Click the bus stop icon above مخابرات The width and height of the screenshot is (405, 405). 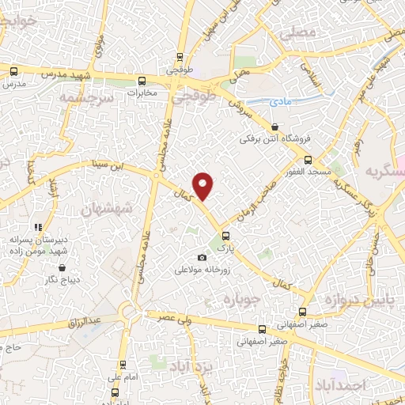coord(142,80)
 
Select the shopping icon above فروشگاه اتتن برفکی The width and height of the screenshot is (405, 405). coord(274,127)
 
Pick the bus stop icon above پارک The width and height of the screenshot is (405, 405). coord(227,235)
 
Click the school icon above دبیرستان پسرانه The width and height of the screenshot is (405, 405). coord(37,228)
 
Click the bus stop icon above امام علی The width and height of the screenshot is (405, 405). coord(123,364)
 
